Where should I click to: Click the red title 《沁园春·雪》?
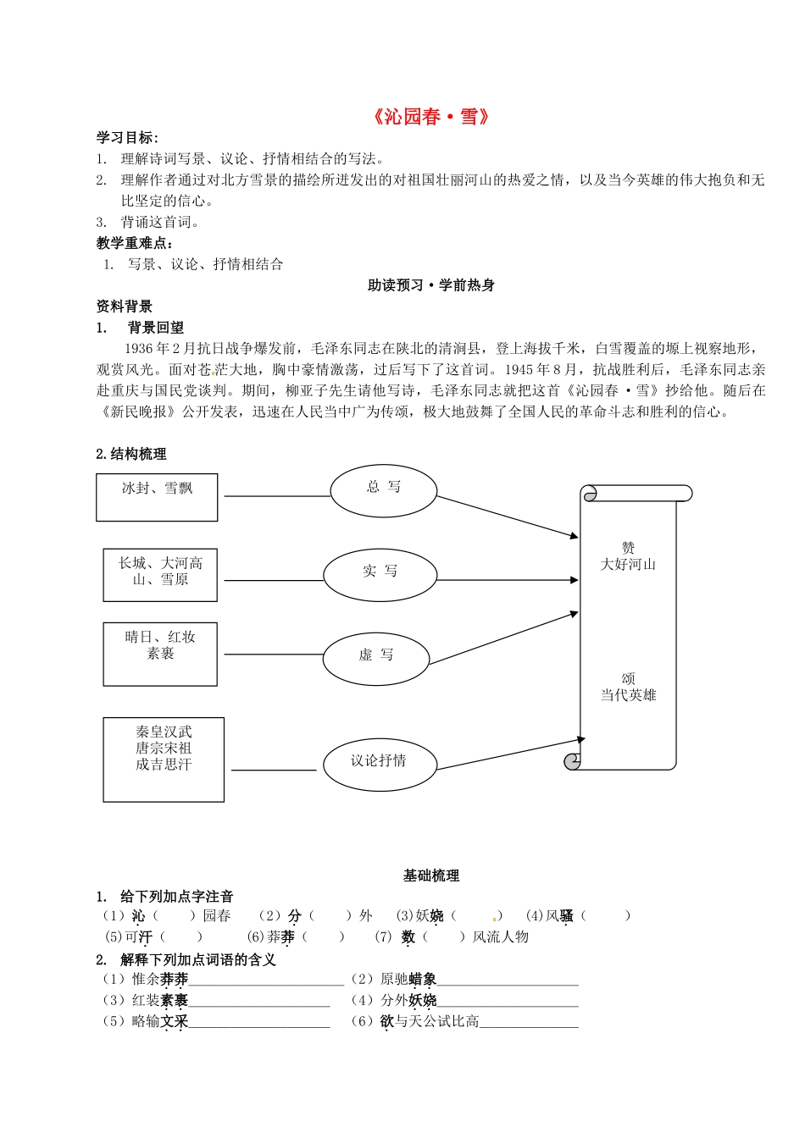pos(430,117)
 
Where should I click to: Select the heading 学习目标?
pos(127,138)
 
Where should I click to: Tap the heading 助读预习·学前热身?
pos(430,285)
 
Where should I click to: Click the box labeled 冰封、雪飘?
pos(157,497)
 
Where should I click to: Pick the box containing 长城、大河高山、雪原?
pos(160,574)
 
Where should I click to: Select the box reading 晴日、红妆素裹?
pos(160,654)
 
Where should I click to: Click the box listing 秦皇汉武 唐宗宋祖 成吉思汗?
pos(164,759)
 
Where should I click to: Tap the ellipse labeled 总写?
pos(383,489)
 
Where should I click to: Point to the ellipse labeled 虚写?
pos(376,656)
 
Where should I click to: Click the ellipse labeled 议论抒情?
pos(378,762)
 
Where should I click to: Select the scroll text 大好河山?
pos(628,565)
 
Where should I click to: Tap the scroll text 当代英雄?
pos(628,695)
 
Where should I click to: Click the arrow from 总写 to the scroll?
pos(507,516)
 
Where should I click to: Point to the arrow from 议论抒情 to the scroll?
pos(507,754)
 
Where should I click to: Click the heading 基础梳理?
pos(430,876)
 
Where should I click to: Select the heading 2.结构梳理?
pos(131,454)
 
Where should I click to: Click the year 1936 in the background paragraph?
pos(140,348)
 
